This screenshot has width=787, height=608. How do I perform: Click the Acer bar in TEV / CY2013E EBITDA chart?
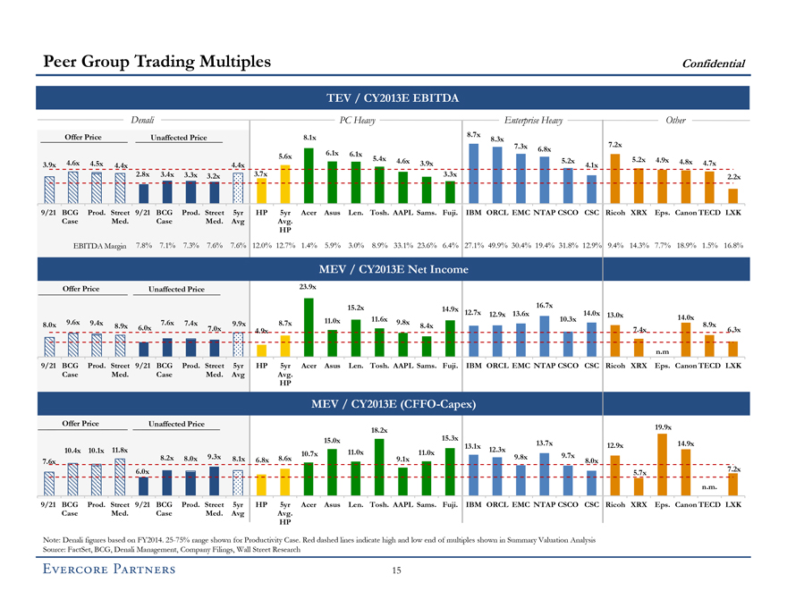(309, 175)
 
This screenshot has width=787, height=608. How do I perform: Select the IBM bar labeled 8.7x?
(474, 173)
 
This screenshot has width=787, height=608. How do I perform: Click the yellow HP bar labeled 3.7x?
(261, 190)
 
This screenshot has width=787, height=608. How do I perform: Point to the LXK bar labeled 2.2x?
(732, 196)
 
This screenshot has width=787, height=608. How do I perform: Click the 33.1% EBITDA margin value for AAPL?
(402, 246)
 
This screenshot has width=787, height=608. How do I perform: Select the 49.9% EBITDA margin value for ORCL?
(497, 246)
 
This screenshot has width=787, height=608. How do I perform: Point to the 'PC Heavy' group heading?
(358, 117)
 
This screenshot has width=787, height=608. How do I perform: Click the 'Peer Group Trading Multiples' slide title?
(157, 62)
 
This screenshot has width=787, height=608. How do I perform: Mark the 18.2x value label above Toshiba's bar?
(379, 430)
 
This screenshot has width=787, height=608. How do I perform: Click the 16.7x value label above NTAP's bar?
(544, 306)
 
